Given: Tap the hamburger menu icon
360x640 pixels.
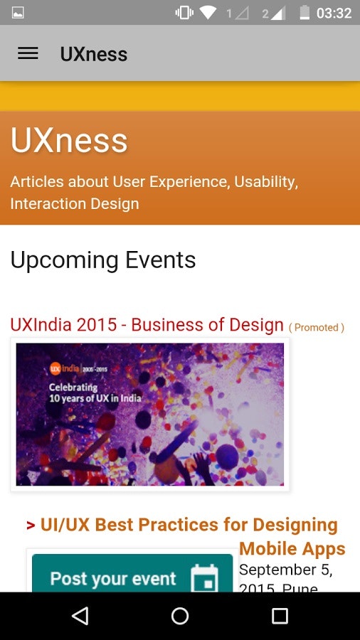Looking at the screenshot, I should (x=28, y=53).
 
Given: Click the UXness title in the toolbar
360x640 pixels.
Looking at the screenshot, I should (x=93, y=54).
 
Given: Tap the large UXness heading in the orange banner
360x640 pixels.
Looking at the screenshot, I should (x=69, y=141).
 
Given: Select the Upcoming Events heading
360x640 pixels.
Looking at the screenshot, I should (x=102, y=260).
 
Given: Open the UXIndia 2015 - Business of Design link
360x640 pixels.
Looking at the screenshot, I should (x=147, y=325).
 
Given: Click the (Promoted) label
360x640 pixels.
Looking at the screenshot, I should (x=316, y=327).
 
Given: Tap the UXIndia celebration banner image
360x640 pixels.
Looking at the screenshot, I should (x=149, y=415).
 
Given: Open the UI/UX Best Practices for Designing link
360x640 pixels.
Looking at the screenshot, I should (x=189, y=525).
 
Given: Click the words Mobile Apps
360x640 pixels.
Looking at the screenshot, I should (x=292, y=549).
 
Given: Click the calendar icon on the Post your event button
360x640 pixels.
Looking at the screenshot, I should (x=204, y=578).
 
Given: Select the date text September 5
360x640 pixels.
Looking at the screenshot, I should (x=285, y=570).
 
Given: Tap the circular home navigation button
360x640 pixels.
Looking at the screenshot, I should (x=180, y=616).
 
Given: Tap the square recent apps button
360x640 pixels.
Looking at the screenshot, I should (x=280, y=616).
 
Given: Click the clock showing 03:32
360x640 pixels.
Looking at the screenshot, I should (x=334, y=13).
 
